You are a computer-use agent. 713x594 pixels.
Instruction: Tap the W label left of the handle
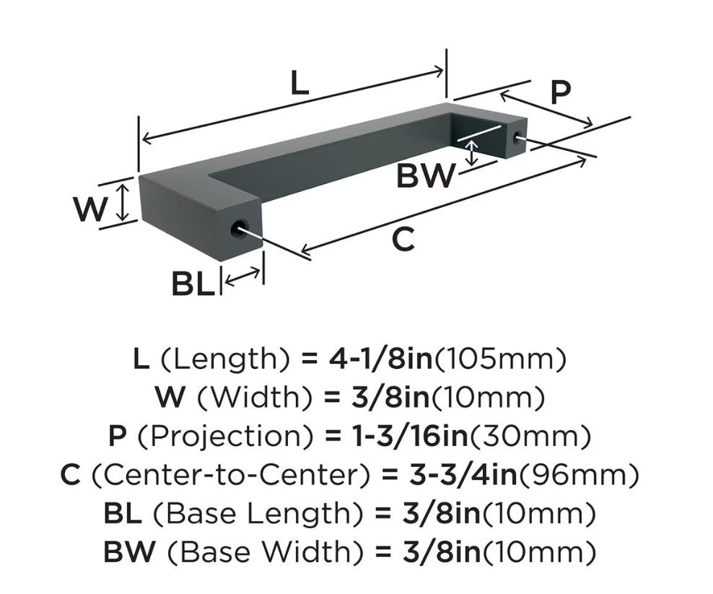[x=92, y=210]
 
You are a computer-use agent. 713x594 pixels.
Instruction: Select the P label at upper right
[x=560, y=93]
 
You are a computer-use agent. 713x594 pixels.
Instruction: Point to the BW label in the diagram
[x=425, y=175]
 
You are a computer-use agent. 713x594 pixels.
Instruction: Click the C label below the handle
[x=403, y=239]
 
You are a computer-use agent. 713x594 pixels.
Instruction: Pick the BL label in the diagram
[x=193, y=284]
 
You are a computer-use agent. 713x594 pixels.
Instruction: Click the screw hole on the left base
[x=238, y=227]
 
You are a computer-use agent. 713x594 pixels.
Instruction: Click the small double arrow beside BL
[x=242, y=277]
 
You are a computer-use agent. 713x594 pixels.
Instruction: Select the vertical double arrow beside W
[x=121, y=202]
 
